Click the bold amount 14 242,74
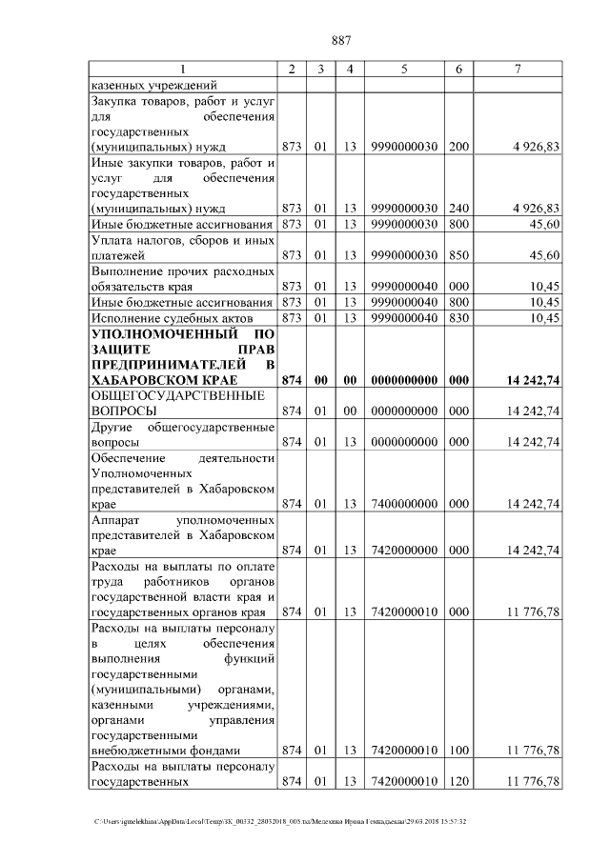click(533, 380)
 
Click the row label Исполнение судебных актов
click(171, 317)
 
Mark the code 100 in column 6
click(458, 751)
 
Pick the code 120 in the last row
click(458, 782)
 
